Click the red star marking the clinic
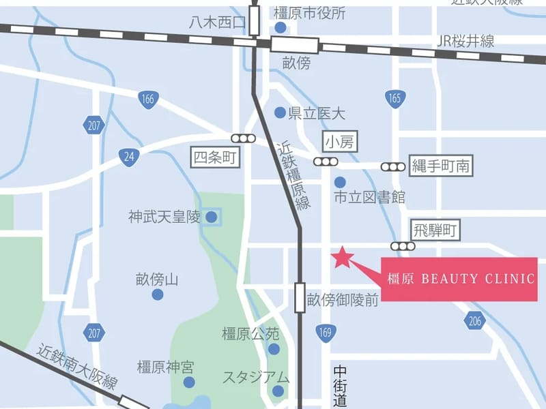click(x=342, y=257)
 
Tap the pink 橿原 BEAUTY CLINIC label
click(x=459, y=279)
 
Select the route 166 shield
click(x=147, y=99)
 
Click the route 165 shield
click(x=394, y=99)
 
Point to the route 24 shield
click(x=127, y=156)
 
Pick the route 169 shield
click(x=326, y=333)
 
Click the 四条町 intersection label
click(x=215, y=158)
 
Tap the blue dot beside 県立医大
click(x=280, y=112)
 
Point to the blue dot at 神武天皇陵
click(x=212, y=217)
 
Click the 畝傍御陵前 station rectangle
click(x=300, y=298)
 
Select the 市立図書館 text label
click(x=369, y=198)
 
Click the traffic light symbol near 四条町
click(x=244, y=138)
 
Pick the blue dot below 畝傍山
click(x=158, y=294)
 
